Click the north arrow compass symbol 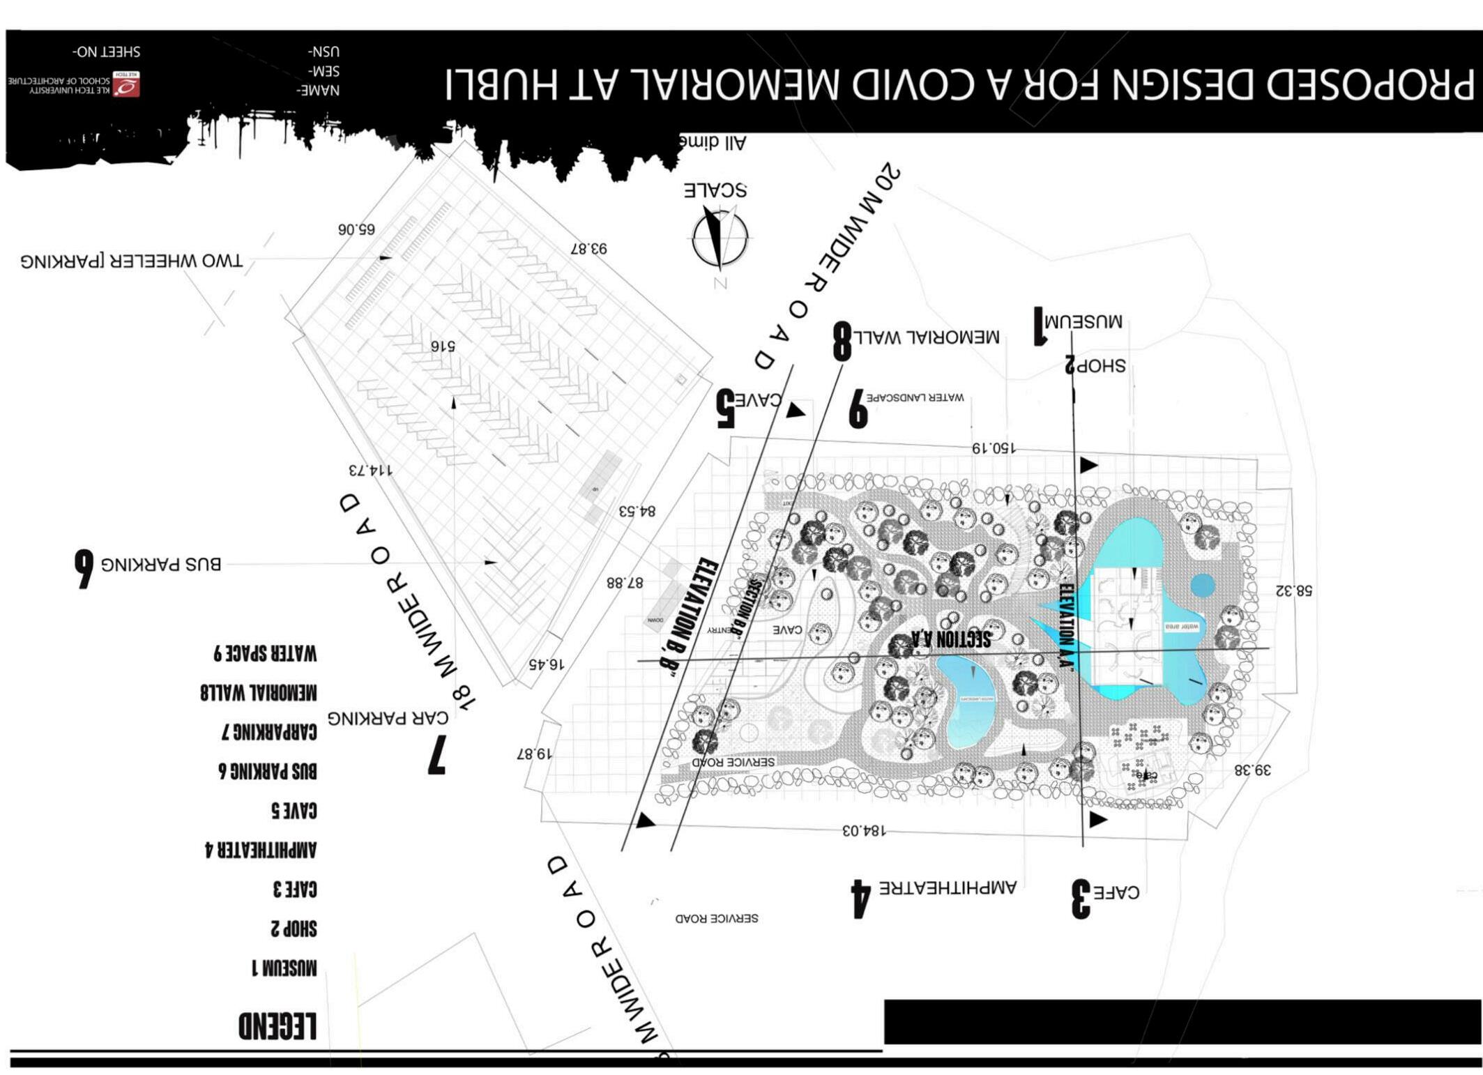[720, 239]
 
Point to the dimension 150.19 [994, 448]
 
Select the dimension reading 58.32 [1293, 590]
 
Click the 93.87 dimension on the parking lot [588, 248]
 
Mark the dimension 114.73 [370, 469]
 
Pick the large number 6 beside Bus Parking [84, 568]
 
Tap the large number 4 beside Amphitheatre [861, 899]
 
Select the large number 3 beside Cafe [1081, 899]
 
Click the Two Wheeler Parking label [132, 261]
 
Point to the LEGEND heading [277, 1026]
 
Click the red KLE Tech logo [127, 84]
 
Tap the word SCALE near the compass [715, 190]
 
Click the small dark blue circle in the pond [1202, 585]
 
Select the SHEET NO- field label [106, 52]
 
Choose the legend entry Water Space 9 [265, 653]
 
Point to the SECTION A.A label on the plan [950, 638]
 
